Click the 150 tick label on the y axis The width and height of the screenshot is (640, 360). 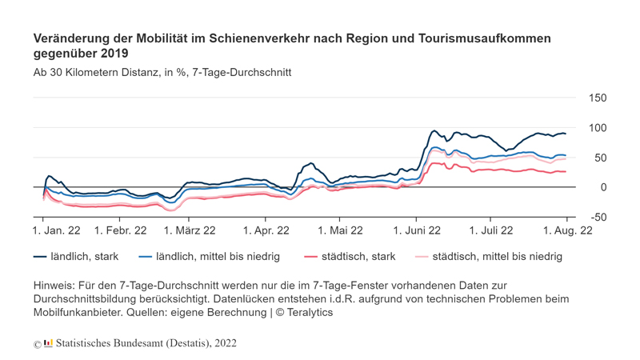coord(598,98)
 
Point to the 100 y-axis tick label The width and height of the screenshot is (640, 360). coord(598,128)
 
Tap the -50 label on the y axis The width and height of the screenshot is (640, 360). coord(598,217)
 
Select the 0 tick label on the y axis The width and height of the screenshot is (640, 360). coord(603,187)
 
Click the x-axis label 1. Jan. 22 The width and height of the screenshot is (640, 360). coord(56,230)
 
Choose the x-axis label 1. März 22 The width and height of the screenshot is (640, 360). coord(190,230)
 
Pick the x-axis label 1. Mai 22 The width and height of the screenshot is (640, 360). coord(340,230)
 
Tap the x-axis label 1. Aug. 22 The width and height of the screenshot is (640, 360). coord(567,230)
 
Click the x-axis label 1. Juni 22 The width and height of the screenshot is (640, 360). coord(417,230)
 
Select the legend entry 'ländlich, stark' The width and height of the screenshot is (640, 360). coord(76,256)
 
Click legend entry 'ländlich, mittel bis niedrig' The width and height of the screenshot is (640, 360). coord(210,256)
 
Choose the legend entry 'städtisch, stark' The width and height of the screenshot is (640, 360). coord(350,256)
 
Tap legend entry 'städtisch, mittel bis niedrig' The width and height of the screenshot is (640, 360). coord(489,256)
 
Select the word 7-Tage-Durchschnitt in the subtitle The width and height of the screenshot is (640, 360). coord(242,73)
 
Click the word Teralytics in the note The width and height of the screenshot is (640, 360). coord(310,313)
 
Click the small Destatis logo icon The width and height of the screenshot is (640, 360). coord(48,343)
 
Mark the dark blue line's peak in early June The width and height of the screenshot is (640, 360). coord(434,130)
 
